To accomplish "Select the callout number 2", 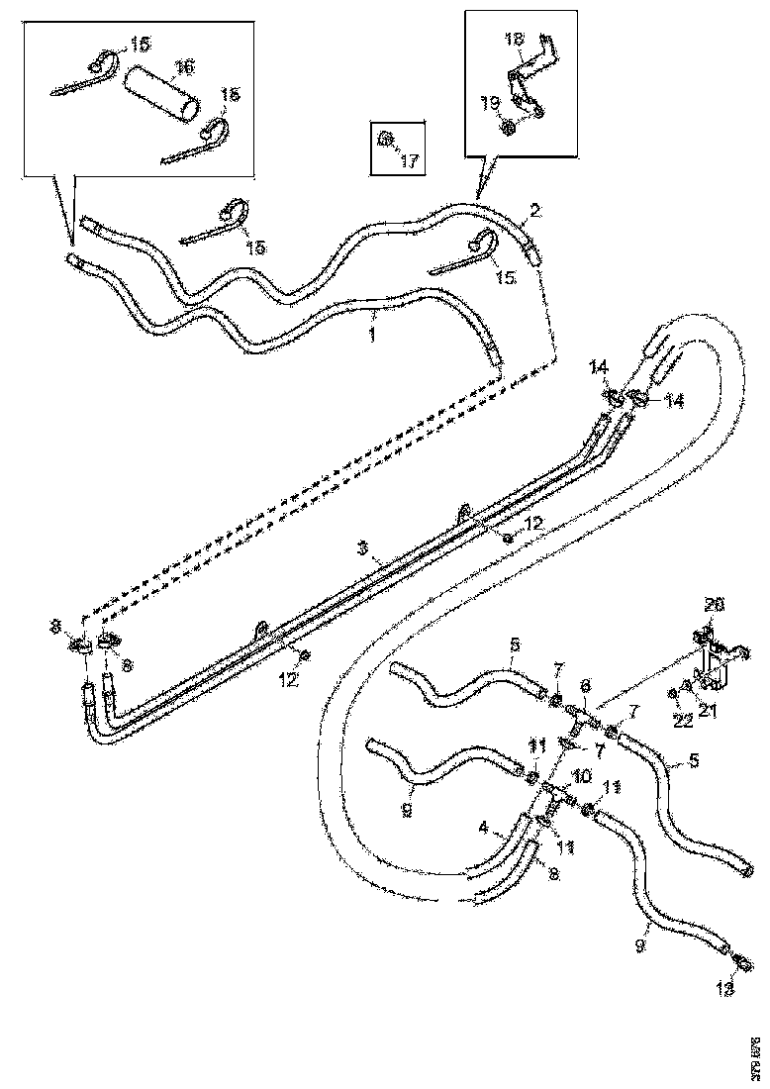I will click(534, 210).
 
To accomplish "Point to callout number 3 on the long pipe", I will click(363, 547).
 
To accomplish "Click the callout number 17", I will click(410, 161).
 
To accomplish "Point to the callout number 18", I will click(515, 39).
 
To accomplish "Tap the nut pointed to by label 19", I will click(507, 126).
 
